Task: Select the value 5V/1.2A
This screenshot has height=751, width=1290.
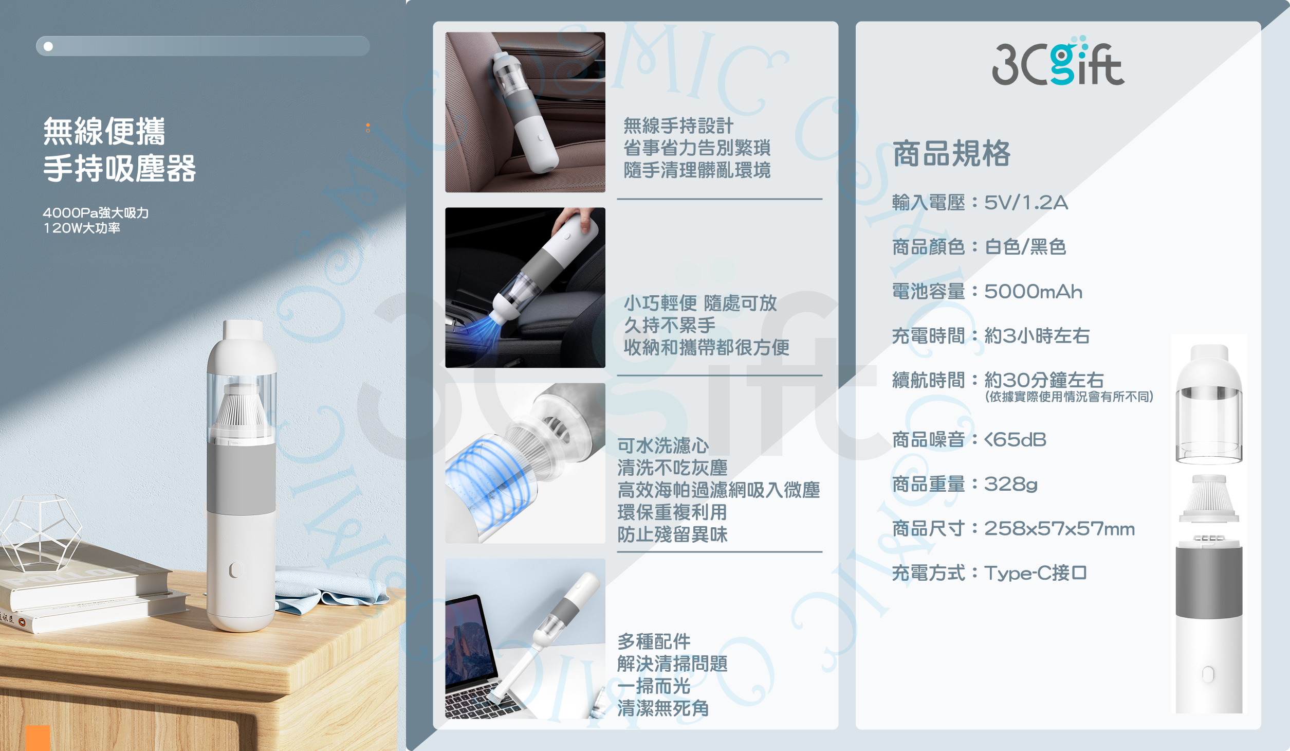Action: [x=1026, y=203]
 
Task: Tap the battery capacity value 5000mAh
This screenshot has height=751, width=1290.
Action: [x=1033, y=292]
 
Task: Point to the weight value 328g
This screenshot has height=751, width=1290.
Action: [x=1010, y=484]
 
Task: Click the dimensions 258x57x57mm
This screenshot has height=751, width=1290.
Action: [x=1059, y=529]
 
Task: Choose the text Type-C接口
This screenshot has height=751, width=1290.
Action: [x=1035, y=573]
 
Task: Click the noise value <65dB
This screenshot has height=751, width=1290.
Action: [x=1015, y=440]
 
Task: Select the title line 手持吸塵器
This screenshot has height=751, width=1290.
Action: [x=119, y=169]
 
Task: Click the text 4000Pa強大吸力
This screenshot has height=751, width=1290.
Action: [x=96, y=213]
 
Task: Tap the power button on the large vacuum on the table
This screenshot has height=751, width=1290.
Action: [x=235, y=569]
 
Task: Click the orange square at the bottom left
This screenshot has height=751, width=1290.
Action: [x=38, y=738]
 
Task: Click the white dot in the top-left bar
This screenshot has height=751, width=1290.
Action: [x=48, y=46]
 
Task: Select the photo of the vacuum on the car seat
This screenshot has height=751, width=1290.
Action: [x=525, y=112]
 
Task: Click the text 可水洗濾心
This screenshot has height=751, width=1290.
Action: [x=663, y=445]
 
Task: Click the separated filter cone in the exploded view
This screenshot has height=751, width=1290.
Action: [x=1209, y=498]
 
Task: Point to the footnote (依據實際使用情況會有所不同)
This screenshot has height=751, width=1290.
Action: [x=1069, y=397]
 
